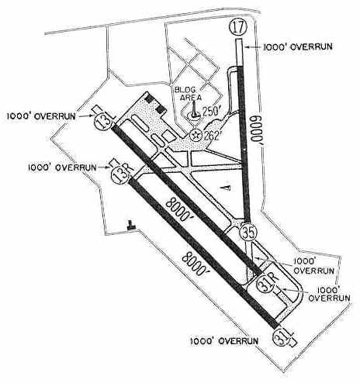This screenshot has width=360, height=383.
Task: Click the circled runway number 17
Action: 238,26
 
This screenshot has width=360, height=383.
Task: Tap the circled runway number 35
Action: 248,232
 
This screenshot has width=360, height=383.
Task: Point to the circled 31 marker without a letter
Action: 282,337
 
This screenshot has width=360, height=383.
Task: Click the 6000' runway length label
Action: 256,131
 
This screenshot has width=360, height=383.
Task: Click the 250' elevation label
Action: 212,111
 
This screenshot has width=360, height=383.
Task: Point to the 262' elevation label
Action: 212,135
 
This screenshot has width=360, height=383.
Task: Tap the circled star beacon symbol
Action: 196,135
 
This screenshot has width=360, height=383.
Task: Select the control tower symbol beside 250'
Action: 194,110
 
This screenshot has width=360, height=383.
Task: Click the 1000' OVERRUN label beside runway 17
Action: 297,47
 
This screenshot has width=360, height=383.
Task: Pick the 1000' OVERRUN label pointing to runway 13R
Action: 62,167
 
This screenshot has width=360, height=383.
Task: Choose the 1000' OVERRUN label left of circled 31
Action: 224,341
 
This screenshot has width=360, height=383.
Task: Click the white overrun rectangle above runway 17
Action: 239,52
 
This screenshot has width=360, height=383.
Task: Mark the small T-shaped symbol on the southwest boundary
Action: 131,226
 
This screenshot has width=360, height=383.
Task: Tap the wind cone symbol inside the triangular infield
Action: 227,188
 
